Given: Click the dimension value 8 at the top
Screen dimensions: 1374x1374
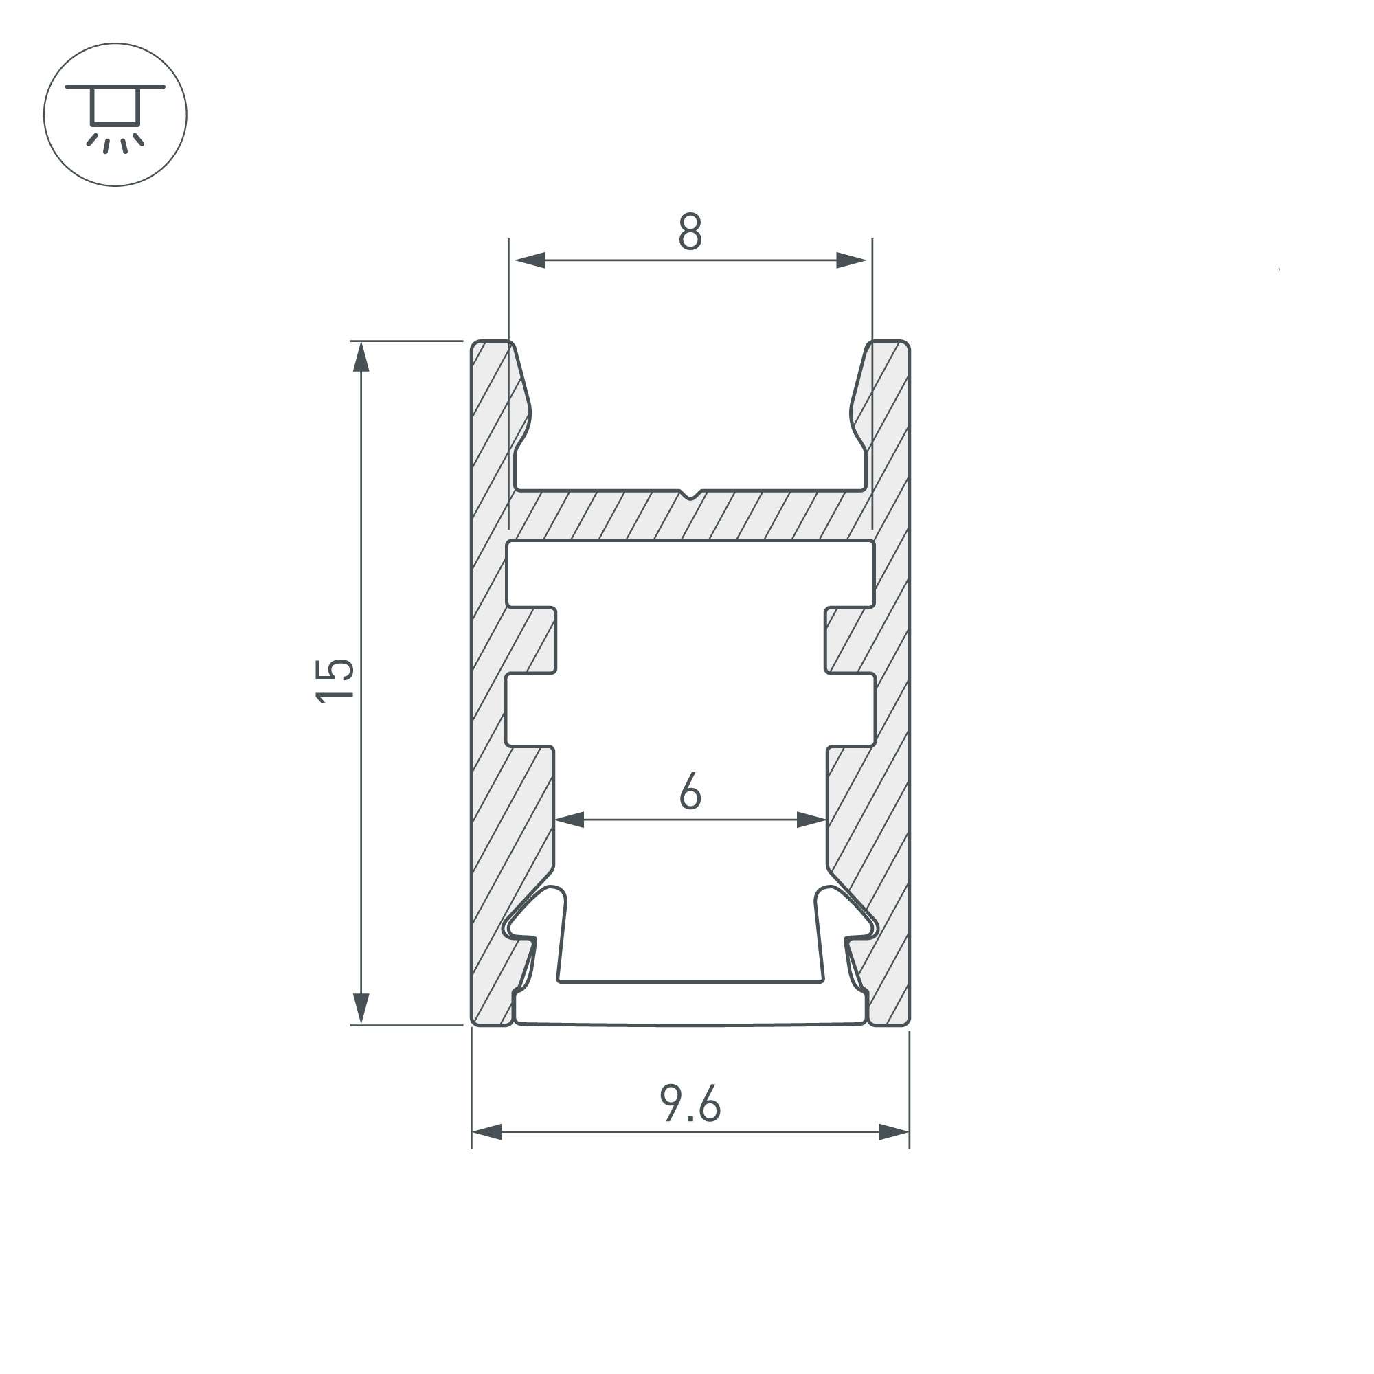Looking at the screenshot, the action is coord(690,231).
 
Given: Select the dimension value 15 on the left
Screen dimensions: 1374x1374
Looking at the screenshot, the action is coord(335,682).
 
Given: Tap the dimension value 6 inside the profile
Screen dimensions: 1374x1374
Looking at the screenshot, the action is coord(690,791).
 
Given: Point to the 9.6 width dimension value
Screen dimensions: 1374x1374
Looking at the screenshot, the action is coord(690,1104).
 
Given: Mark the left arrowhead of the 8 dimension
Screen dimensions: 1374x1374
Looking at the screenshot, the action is coord(529,260).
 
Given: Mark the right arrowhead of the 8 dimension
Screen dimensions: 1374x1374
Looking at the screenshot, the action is coord(851,260).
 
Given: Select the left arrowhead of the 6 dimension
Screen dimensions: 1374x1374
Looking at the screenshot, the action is coord(569,820).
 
